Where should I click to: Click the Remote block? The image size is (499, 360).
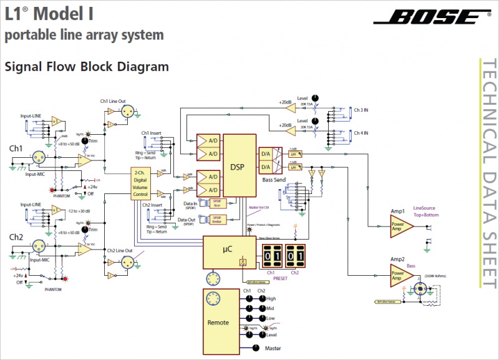click(218, 322)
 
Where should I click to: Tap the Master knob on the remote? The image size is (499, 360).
click(255, 348)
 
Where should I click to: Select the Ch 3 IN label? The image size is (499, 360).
click(361, 110)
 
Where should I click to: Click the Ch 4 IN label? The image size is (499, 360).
click(361, 133)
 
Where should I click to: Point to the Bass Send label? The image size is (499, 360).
click(274, 180)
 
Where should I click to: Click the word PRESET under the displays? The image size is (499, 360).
click(281, 278)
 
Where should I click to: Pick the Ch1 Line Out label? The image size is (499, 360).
click(113, 100)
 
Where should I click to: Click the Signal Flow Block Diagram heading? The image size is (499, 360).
click(87, 67)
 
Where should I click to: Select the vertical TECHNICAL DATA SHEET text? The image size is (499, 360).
click(488, 175)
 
